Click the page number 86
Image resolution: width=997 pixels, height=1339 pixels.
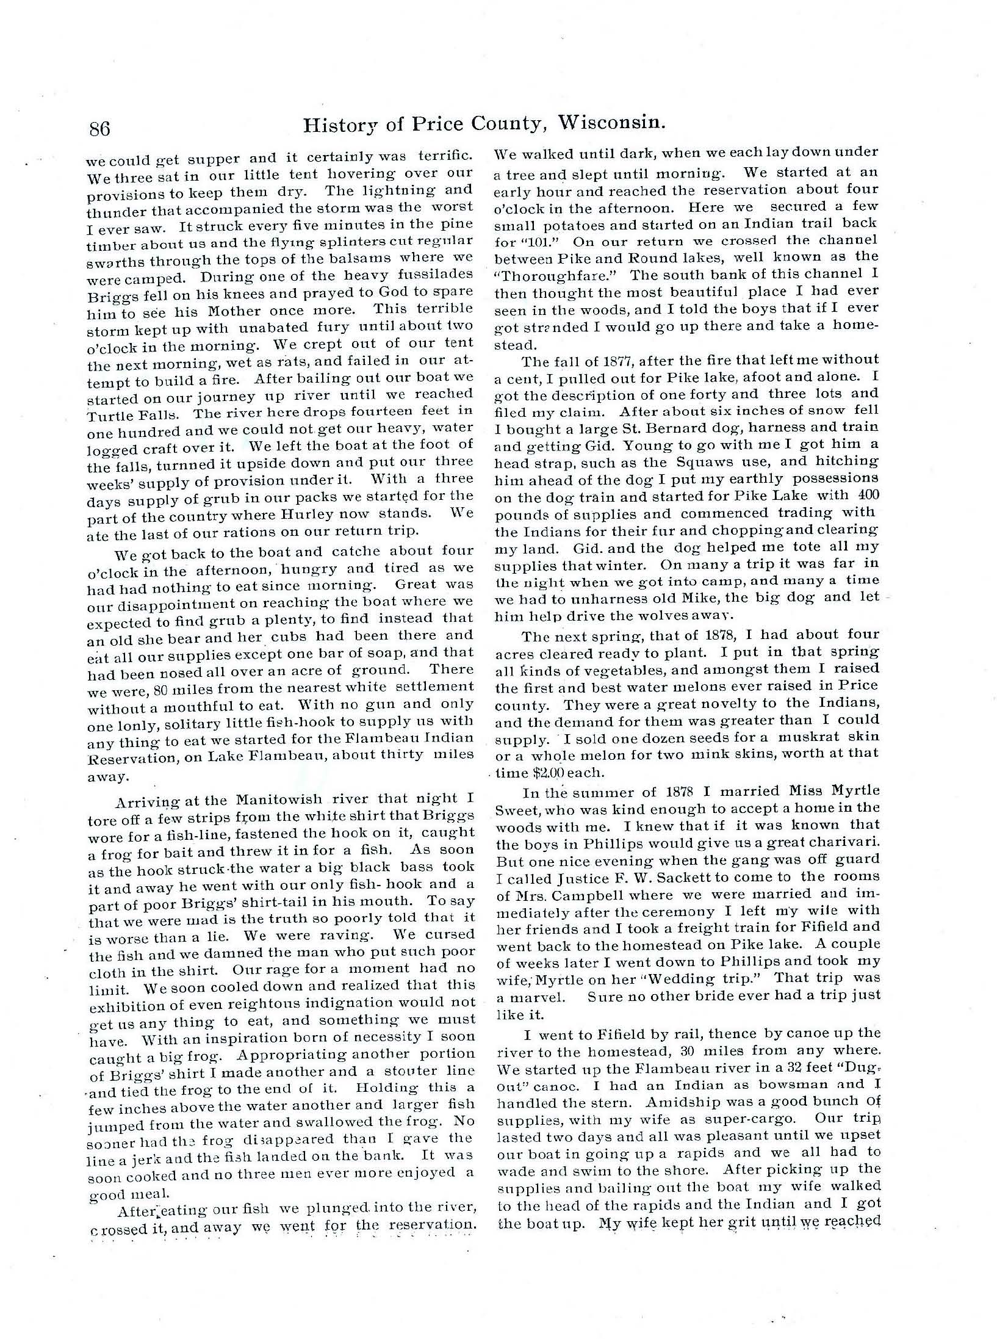[x=99, y=129]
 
